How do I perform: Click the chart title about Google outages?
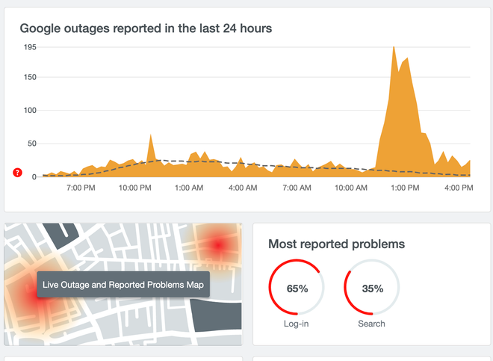point(146,28)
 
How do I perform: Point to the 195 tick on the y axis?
point(29,46)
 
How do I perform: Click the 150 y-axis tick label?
point(29,76)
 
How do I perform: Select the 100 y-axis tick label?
point(29,110)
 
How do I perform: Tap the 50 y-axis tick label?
point(31,143)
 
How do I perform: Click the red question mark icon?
point(18,173)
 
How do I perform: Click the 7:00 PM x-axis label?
point(81,188)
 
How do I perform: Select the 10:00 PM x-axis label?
point(134,188)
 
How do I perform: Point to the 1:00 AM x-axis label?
point(189,188)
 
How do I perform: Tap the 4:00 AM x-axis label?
point(243,188)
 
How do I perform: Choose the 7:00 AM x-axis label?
point(296,188)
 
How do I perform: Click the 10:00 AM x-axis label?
point(350,188)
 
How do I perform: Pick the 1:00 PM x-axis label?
point(404,188)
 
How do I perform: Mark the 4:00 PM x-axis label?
point(458,188)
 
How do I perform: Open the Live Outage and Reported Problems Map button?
point(124,285)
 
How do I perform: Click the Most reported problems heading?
point(336,244)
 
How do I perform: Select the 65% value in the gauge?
point(297,289)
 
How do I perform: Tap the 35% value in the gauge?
point(372,289)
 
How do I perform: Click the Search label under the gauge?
point(371,324)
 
